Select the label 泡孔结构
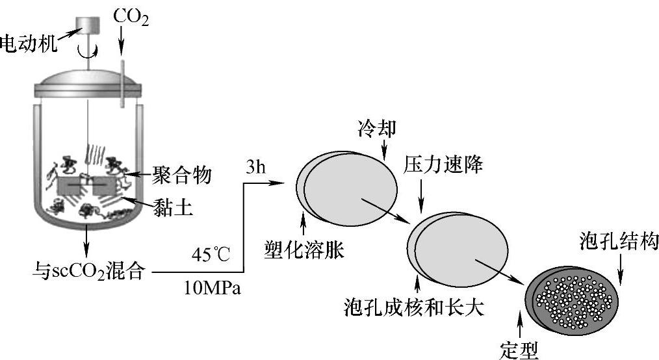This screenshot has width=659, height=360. click(x=619, y=242)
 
